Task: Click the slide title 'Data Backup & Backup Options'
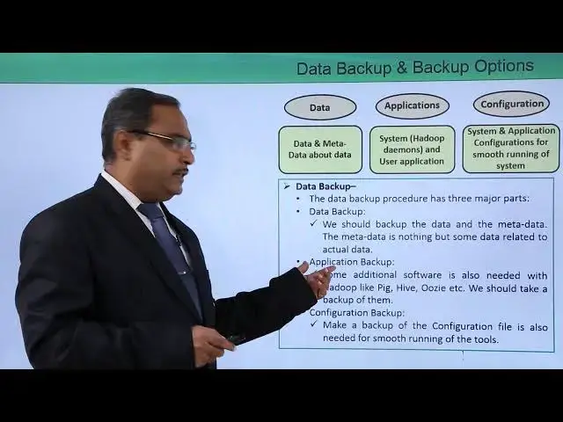414,68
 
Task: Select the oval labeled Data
320,107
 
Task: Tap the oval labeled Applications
412,105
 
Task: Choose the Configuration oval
511,104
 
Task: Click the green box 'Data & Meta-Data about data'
320,149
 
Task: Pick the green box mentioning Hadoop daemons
412,149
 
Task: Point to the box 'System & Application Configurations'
511,149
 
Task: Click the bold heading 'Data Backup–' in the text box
325,186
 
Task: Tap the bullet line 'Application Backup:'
351,262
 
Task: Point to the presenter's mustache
181,171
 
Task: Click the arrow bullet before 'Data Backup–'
286,186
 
